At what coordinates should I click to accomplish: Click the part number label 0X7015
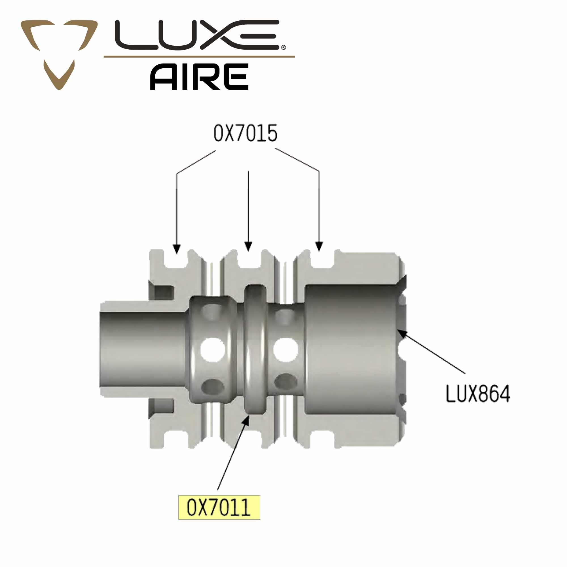[245, 134]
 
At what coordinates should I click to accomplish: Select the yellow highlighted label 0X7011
[219, 507]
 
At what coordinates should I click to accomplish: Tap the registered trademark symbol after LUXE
[283, 48]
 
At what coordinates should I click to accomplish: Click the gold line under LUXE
[199, 56]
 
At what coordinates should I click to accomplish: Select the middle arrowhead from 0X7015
[248, 247]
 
